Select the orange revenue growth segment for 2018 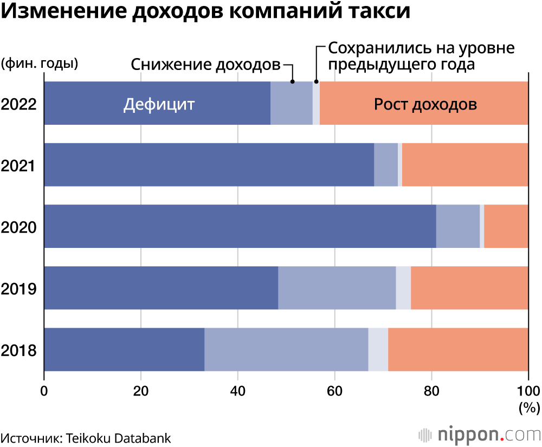point(458,350)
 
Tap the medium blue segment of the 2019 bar point(337,288)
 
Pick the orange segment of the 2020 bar point(506,226)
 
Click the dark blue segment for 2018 point(124,350)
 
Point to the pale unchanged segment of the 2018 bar point(378,350)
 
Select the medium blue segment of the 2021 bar point(386,164)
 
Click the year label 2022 point(18,104)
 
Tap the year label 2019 point(18,289)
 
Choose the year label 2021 point(18,165)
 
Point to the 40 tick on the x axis point(238,390)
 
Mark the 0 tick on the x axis point(44,390)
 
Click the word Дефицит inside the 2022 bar point(158,104)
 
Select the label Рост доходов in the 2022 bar point(425,104)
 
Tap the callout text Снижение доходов point(205,65)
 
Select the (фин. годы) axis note point(40,63)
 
